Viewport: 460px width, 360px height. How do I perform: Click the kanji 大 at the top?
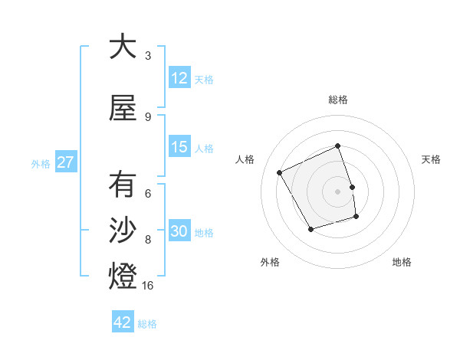(x=123, y=47)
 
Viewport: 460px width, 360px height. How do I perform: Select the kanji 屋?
(x=123, y=109)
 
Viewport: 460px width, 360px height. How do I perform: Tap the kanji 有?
(x=123, y=185)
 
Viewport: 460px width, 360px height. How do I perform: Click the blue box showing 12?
(x=179, y=78)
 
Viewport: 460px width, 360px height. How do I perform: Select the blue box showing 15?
(x=179, y=147)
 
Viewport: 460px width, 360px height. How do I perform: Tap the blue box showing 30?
(x=179, y=232)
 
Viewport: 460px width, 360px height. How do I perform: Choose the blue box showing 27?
(x=64, y=162)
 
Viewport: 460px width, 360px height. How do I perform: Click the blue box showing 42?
(x=123, y=322)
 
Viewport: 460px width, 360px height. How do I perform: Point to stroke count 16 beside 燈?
(x=148, y=285)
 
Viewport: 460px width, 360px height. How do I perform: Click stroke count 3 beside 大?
(x=148, y=55)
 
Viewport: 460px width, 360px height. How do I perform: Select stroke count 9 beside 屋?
(x=148, y=116)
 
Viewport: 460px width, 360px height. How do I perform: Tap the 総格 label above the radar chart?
(x=338, y=100)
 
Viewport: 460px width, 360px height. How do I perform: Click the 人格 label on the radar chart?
(x=245, y=159)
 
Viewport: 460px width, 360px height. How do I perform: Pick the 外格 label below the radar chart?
(x=270, y=262)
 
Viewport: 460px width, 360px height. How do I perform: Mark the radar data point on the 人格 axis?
(x=280, y=172)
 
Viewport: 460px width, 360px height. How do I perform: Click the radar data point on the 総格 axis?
(x=338, y=146)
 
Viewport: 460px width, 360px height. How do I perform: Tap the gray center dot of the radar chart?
(x=338, y=191)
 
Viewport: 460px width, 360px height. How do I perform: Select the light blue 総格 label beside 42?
(x=147, y=323)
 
